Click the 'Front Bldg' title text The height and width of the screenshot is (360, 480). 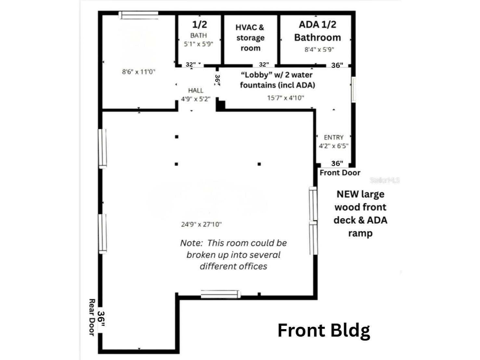click(x=324, y=330)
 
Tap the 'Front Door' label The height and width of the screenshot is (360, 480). click(x=340, y=173)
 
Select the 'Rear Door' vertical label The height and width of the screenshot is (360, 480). click(x=92, y=318)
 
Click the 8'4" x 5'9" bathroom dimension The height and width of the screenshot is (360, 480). click(x=319, y=50)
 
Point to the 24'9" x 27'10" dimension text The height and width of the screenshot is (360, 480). click(x=201, y=224)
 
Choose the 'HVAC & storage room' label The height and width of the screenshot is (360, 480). click(x=250, y=38)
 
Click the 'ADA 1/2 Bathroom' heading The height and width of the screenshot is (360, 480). click(x=318, y=31)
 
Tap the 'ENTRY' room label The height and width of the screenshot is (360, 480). click(x=333, y=137)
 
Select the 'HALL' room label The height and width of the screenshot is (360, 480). click(x=196, y=91)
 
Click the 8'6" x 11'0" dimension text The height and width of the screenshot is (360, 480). click(x=139, y=72)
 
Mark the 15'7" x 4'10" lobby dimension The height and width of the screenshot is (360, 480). click(x=286, y=98)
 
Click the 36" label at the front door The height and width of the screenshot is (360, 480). click(x=337, y=163)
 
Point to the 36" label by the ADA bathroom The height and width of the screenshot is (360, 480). click(x=337, y=65)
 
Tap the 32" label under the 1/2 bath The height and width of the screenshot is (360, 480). click(x=191, y=65)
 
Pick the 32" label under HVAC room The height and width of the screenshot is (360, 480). click(x=264, y=65)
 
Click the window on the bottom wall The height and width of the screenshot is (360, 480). click(x=221, y=294)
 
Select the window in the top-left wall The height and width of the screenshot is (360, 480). click(x=138, y=15)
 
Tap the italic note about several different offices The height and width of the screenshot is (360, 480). click(x=233, y=255)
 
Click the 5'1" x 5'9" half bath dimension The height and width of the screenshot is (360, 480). click(x=198, y=44)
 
